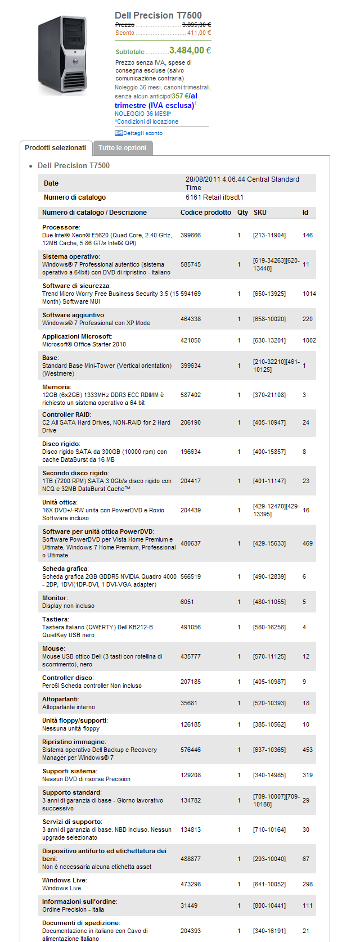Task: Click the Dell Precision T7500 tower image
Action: (x=62, y=55)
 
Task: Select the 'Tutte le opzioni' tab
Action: (x=122, y=148)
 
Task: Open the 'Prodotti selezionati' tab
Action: (x=55, y=148)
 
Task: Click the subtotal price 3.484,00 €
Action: (x=190, y=51)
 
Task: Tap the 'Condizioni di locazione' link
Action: (x=147, y=121)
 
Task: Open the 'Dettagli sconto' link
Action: (x=142, y=133)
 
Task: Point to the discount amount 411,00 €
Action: (x=199, y=33)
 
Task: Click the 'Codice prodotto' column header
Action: (x=205, y=213)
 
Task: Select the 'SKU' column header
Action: (x=260, y=213)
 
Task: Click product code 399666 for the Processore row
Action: (x=191, y=235)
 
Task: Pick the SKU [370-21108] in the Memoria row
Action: (x=269, y=395)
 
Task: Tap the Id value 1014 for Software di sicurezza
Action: (x=309, y=294)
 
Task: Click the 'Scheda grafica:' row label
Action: (x=65, y=569)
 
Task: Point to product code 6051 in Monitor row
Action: (x=187, y=602)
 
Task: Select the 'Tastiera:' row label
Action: (x=56, y=619)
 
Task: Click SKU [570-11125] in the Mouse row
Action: (x=269, y=656)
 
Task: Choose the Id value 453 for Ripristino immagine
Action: (x=308, y=750)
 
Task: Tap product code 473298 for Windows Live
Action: (x=191, y=884)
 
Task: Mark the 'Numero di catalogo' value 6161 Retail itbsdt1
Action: (x=214, y=197)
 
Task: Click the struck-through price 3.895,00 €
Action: (x=196, y=25)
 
